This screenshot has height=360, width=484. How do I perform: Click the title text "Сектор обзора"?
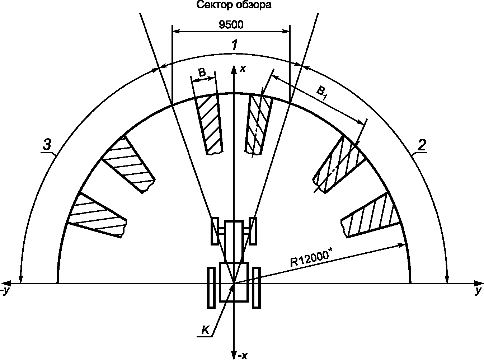tap(234, 5)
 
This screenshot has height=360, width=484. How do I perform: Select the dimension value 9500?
tap(231, 25)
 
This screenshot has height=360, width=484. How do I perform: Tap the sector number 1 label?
tap(234, 46)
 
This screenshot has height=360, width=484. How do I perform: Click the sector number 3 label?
tap(47, 144)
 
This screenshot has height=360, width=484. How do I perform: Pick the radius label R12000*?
tap(310, 259)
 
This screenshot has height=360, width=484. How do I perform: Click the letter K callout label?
tap(205, 330)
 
